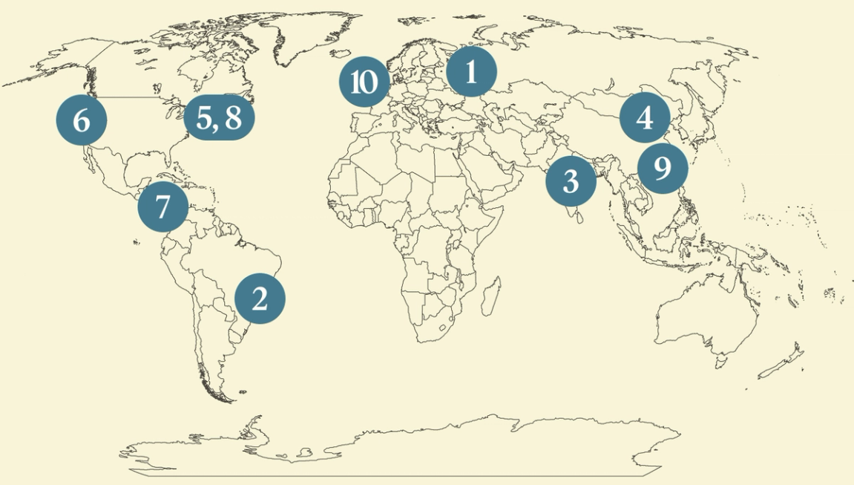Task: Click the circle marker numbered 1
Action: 470,72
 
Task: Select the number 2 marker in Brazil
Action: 260,299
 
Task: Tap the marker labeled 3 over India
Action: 571,180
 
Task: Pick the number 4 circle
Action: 645,117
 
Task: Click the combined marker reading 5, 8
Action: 219,117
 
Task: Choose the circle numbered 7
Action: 163,207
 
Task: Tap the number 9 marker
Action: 663,169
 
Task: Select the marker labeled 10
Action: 364,82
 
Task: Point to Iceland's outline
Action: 344,53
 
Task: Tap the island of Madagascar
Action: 489,297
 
